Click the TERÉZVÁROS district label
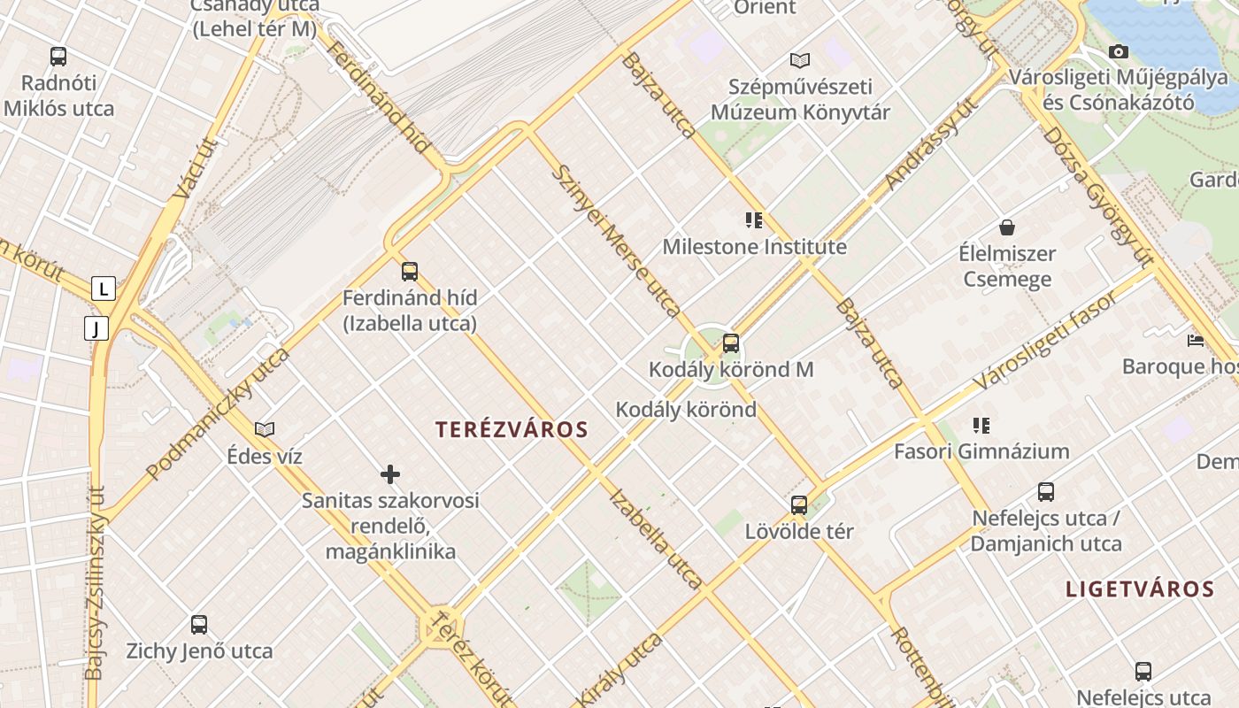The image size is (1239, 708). coord(512,430)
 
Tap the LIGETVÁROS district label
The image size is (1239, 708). coord(1139,589)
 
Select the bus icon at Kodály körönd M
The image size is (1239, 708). coord(731,343)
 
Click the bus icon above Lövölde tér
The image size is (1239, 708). coord(799,505)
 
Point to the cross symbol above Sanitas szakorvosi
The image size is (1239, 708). coord(390,475)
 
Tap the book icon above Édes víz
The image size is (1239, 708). coord(265,430)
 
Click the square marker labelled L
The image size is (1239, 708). coord(104,289)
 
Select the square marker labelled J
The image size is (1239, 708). coord(96,329)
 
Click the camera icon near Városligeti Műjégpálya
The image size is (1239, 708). coord(1119,52)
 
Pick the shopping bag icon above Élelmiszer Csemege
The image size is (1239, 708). coord(1007,227)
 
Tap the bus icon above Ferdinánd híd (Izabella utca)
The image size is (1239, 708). coord(409,272)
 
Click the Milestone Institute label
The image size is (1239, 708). coord(754,247)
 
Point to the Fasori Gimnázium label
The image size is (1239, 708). coord(981,451)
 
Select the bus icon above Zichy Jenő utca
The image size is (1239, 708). coord(199,625)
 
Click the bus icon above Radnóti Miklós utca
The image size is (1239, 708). coord(58,57)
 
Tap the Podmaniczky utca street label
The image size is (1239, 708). coord(218,414)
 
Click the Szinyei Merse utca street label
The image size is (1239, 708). coord(616,241)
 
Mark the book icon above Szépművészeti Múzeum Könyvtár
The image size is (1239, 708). coord(800,61)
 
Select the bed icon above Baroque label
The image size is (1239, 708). coord(1196,340)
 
